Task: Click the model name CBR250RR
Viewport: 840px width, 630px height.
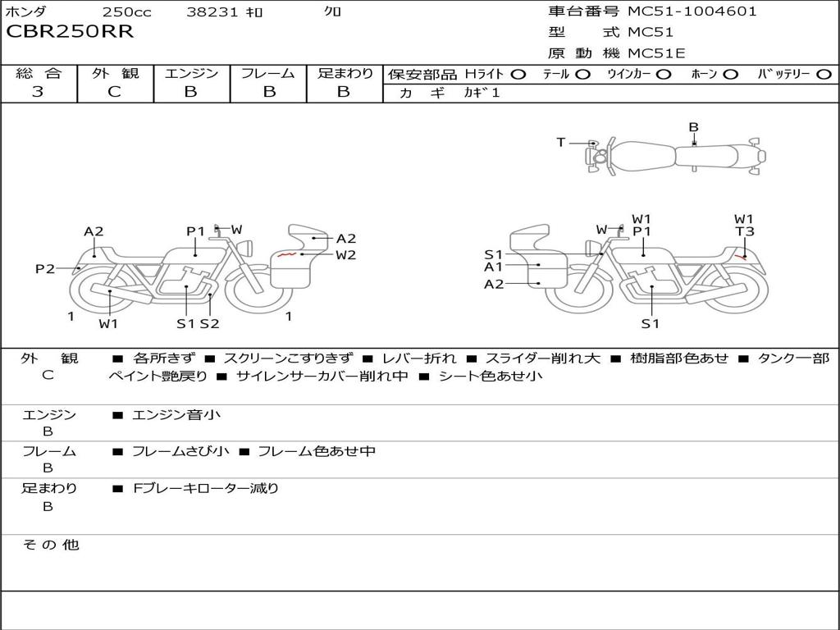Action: coord(70,32)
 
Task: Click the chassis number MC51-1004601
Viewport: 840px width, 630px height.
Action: coord(692,11)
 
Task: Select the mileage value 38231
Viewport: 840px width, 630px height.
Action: coord(212,11)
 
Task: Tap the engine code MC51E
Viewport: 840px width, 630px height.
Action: coord(656,53)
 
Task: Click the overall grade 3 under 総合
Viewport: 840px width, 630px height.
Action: coord(38,92)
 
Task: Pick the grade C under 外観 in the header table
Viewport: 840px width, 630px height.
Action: coord(114,92)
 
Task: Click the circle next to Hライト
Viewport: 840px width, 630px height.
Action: coord(518,75)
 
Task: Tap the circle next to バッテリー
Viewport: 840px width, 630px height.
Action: coord(824,75)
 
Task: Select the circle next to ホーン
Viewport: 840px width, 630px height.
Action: coord(730,75)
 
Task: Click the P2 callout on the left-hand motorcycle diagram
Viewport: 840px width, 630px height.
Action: coord(45,268)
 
